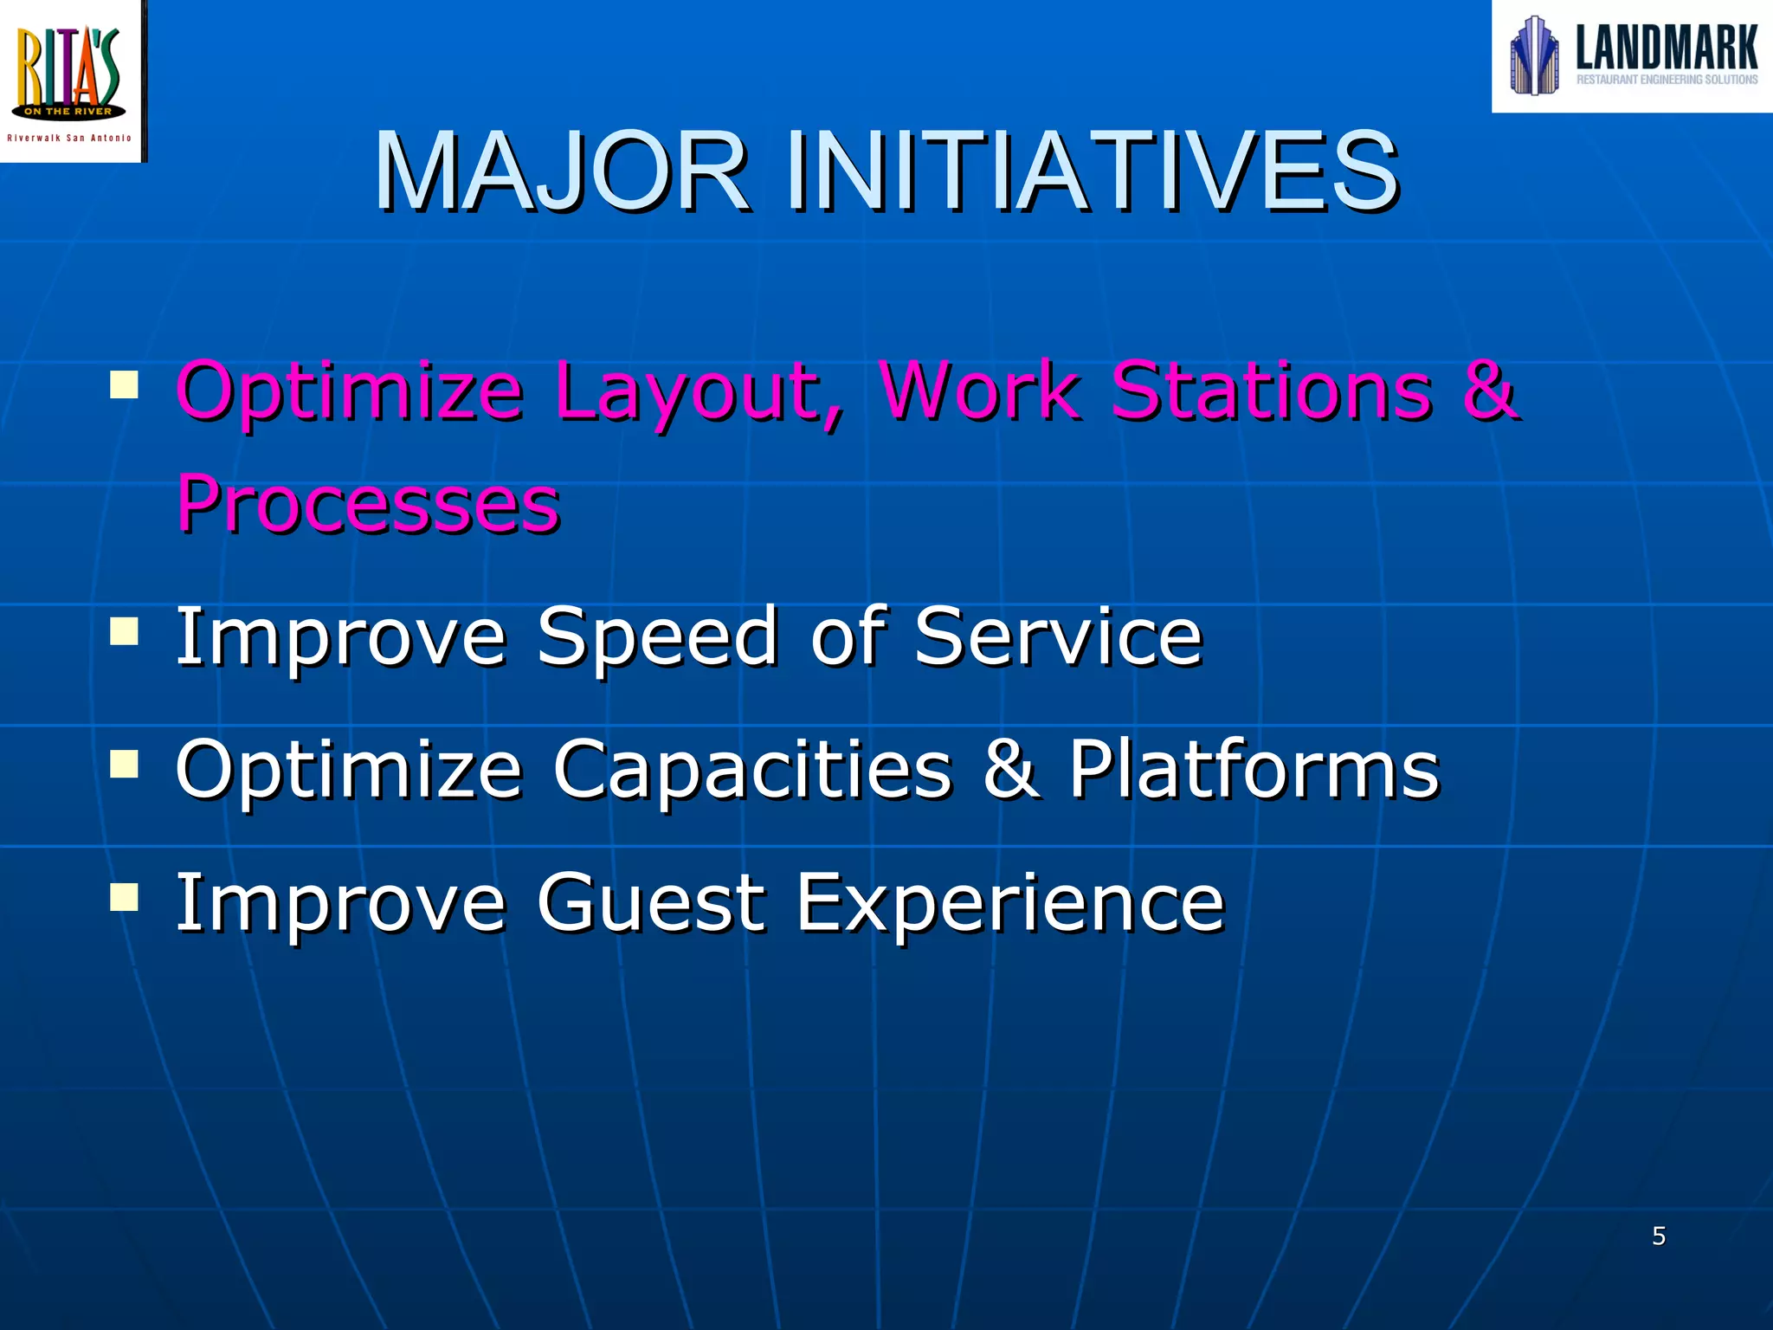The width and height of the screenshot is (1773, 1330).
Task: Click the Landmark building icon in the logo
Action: click(x=1534, y=55)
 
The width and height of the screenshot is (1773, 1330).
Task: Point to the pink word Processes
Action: click(x=368, y=504)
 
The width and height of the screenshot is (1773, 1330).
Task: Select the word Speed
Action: click(x=658, y=637)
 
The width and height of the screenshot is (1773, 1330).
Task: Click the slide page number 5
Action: click(x=1659, y=1236)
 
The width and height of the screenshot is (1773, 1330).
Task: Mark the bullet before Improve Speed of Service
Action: click(x=125, y=631)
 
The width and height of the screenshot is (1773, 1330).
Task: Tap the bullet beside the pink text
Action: click(x=125, y=384)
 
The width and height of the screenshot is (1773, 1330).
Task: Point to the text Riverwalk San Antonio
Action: click(x=69, y=139)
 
